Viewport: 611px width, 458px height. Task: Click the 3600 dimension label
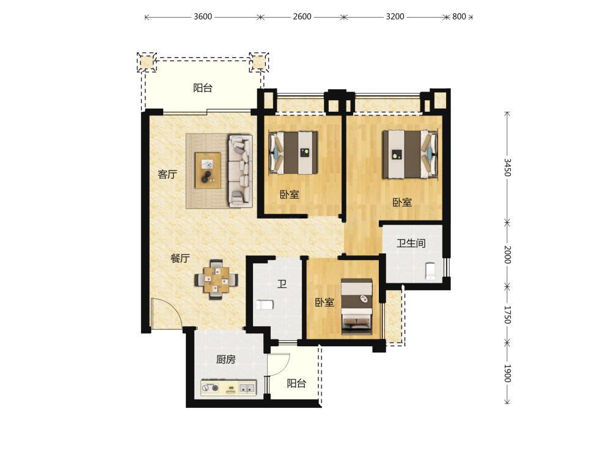click(203, 16)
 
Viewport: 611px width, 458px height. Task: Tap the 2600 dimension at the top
click(302, 16)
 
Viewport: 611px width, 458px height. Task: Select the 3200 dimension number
click(395, 16)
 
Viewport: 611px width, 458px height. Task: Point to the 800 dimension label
click(459, 16)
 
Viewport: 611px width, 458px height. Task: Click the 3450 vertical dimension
click(507, 167)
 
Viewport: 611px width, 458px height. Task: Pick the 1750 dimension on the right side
click(507, 314)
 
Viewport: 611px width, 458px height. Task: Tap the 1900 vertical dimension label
click(507, 373)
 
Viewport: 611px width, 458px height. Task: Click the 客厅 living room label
click(167, 174)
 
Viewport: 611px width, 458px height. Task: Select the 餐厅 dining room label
click(180, 258)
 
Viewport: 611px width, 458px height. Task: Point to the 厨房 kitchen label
click(226, 359)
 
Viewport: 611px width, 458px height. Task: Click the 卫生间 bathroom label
click(411, 244)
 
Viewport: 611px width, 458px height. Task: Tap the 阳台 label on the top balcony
click(203, 88)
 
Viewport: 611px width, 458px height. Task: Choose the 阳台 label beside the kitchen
click(296, 383)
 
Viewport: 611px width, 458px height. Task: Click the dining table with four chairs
click(217, 279)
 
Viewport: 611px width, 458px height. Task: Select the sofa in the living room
click(240, 170)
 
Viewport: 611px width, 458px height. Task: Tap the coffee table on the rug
click(208, 170)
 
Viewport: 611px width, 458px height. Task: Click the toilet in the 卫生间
click(430, 271)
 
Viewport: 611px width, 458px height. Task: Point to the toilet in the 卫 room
click(265, 305)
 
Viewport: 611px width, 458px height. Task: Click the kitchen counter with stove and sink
click(229, 388)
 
